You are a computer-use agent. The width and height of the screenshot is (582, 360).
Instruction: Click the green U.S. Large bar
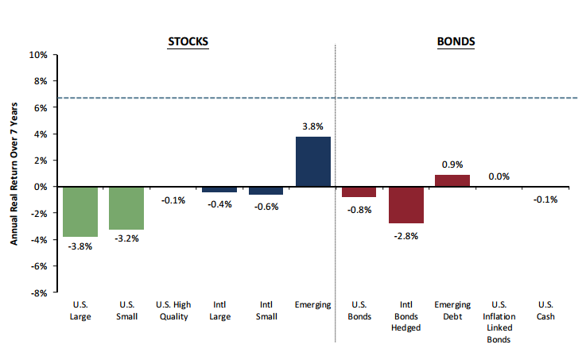coord(80,211)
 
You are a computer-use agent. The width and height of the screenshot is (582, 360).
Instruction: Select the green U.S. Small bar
coord(126,207)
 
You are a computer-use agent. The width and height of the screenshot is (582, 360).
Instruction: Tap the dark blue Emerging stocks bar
coord(312,161)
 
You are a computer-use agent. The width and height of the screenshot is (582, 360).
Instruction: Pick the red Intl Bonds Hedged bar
coord(405,205)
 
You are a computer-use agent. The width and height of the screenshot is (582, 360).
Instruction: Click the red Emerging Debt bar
coord(452,180)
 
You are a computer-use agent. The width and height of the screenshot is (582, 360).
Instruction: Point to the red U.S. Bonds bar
coord(359,192)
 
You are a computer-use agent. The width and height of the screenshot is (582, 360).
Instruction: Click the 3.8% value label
coord(312,126)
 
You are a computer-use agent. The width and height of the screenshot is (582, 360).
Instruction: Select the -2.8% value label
coord(405,235)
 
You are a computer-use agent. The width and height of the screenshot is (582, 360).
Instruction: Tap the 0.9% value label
coord(452,165)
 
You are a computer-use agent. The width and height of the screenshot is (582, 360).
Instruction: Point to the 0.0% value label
coord(499,176)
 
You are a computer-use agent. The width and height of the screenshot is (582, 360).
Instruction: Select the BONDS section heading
coord(456,41)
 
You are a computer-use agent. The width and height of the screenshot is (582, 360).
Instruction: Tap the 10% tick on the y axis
coord(38,55)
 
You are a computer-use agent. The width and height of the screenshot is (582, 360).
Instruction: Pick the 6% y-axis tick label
coord(41,107)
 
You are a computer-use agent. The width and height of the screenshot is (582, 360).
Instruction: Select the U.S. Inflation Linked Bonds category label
coord(499,322)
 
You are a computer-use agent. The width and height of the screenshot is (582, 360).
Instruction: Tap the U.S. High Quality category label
coord(173,311)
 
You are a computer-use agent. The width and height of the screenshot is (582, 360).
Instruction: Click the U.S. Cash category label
coord(545,311)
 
